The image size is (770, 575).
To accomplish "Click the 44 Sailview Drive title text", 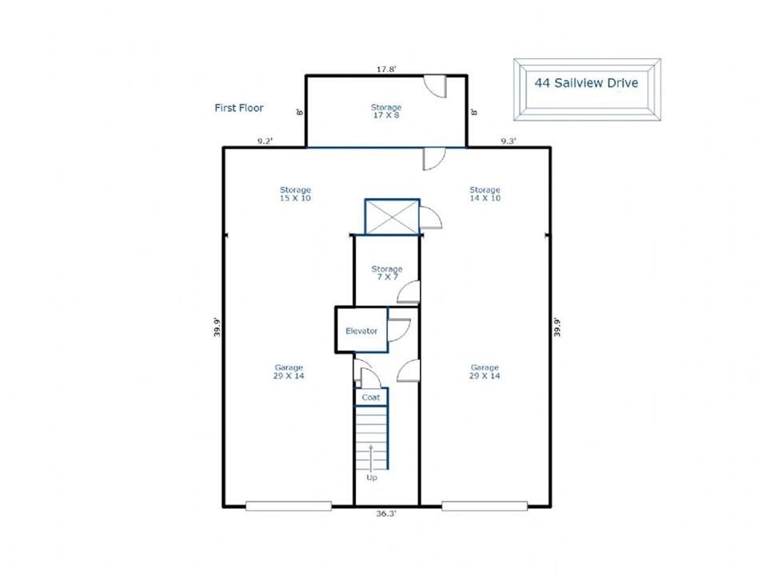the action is pos(586,83).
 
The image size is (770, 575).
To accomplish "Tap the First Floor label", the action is pos(239,108).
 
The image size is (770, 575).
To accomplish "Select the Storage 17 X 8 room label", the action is pos(386,111).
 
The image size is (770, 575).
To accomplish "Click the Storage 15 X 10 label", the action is pos(295,194).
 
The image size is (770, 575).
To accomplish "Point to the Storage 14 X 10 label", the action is pos(485,194).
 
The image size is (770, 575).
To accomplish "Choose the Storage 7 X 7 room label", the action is pos(387,273).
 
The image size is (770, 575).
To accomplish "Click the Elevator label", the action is pos(361,331).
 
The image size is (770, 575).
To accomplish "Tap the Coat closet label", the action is pos(371,398).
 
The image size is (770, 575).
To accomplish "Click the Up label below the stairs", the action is pos(372,478).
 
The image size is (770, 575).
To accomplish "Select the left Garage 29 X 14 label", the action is pos(289,371).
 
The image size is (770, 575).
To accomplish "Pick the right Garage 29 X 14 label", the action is pos(485,371).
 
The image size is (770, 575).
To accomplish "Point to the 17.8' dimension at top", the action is pos(386,69).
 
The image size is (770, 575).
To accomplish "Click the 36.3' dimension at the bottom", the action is pos(386,514).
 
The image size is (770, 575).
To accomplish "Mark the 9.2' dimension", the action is pos(265,141).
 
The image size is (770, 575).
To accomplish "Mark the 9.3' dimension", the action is pos(509,141).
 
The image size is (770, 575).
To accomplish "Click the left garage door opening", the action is pos(289,506).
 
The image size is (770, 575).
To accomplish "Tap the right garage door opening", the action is pos(485,506).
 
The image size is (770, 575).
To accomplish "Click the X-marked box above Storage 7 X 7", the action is pos(393,216).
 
